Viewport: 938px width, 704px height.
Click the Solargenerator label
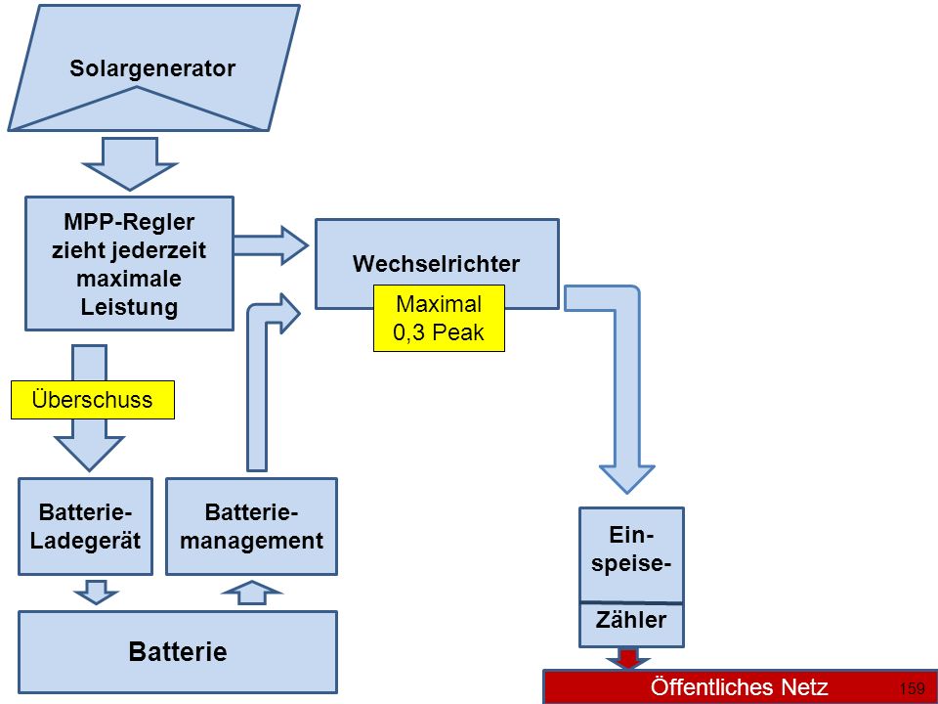coord(152,68)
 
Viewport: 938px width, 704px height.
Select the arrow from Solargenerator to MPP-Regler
coord(130,164)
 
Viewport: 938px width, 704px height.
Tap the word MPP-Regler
coord(129,222)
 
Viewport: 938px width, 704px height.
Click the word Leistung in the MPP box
coord(129,307)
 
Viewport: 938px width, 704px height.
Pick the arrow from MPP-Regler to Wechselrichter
coord(271,245)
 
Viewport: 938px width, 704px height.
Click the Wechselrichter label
coord(436,264)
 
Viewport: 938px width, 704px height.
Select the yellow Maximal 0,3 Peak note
coord(439,318)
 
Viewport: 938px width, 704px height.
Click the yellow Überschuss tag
coord(93,400)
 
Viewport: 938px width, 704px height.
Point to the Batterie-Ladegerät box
coord(86,526)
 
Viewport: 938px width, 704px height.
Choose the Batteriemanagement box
coord(251,526)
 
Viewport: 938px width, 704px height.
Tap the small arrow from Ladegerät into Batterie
coord(97,593)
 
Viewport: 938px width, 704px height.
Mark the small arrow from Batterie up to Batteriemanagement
coord(251,593)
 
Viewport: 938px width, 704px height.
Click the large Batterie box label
coord(178,651)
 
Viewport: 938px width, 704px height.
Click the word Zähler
coord(631,620)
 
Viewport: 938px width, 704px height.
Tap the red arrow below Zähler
coord(627,658)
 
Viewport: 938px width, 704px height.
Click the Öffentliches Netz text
coord(740,687)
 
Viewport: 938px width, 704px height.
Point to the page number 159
coord(912,688)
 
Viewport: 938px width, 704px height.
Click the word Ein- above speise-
coord(631,535)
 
